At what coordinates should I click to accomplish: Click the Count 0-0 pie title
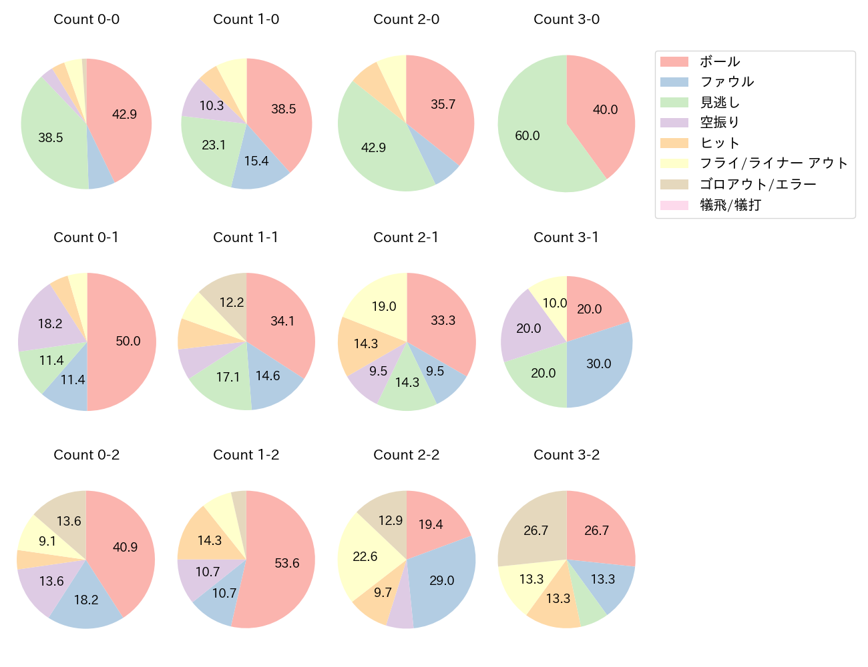(x=86, y=19)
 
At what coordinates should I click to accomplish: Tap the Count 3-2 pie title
(x=566, y=455)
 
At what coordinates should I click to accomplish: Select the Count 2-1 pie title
(x=406, y=237)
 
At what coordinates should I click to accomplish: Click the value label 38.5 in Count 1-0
(x=283, y=109)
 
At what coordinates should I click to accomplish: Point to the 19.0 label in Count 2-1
(x=384, y=306)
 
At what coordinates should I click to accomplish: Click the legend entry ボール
(x=719, y=62)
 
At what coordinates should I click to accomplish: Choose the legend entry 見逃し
(x=719, y=103)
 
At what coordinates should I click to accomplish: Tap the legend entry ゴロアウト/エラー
(x=758, y=184)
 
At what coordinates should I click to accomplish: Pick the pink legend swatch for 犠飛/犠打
(x=674, y=205)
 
